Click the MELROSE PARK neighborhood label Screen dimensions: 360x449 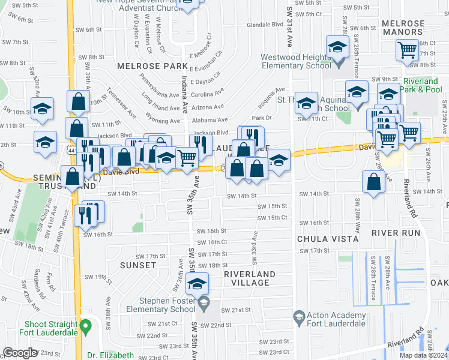coord(144,65)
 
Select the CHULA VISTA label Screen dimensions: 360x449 coord(328,239)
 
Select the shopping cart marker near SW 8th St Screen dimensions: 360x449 coord(408,50)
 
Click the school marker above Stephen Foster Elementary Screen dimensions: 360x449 coord(196,284)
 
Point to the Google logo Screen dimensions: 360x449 coord(20,353)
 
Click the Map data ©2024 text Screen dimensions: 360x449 coord(423,355)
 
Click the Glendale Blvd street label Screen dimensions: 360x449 coord(265,25)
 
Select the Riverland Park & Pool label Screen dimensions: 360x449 coord(422,85)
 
